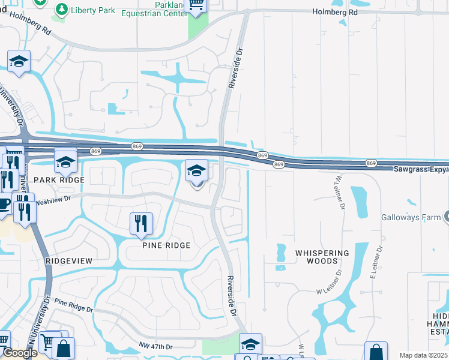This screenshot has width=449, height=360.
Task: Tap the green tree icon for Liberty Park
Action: [61, 9]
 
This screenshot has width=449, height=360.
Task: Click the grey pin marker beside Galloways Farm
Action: [446, 217]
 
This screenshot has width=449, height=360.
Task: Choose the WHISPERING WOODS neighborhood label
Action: [322, 257]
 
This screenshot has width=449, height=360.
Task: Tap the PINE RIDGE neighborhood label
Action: [166, 245]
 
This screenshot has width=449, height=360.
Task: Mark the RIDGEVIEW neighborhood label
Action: [69, 261]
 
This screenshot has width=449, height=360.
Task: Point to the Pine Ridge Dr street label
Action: [74, 305]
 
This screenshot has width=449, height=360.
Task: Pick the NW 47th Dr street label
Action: [154, 347]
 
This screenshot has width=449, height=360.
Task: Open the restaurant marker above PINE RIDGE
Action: [142, 223]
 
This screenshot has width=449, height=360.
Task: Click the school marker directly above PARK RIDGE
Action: [65, 161]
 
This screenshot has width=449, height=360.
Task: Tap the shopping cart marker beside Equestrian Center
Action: [196, 5]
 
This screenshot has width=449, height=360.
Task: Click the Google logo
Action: [20, 353]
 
